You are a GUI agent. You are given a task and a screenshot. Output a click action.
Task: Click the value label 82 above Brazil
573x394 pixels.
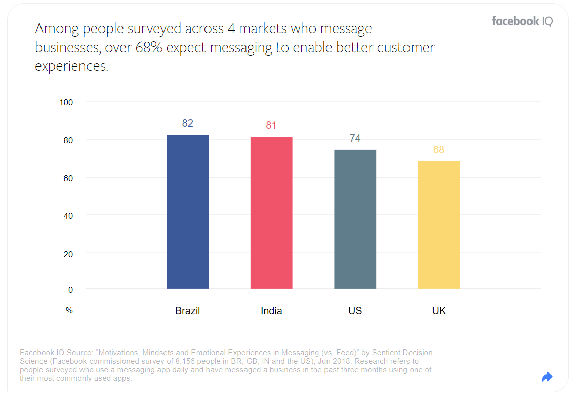(187, 123)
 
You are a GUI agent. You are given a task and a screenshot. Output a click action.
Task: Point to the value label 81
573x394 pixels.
(271, 125)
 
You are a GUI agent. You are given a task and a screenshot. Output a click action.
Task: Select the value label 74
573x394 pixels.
(355, 138)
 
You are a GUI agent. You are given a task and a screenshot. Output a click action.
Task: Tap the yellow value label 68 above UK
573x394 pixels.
(439, 150)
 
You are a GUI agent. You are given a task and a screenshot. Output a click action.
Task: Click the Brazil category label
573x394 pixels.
(187, 311)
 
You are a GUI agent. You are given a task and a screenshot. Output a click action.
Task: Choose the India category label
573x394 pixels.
(271, 311)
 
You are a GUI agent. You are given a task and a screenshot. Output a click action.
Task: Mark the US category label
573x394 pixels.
(355, 311)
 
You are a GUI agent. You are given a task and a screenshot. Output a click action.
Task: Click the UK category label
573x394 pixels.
(439, 311)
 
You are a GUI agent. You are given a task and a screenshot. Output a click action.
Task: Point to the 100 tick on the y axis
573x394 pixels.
(66, 102)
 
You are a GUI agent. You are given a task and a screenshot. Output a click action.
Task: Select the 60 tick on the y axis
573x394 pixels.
(68, 178)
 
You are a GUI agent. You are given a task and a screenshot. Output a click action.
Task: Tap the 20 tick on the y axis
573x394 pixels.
(68, 254)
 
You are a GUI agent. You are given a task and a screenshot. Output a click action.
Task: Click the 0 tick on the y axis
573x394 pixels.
(70, 290)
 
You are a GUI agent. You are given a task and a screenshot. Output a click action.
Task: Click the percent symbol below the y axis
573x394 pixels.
(69, 311)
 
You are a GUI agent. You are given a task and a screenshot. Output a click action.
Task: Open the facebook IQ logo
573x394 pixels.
(522, 21)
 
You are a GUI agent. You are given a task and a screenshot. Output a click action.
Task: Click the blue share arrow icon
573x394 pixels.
(547, 377)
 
